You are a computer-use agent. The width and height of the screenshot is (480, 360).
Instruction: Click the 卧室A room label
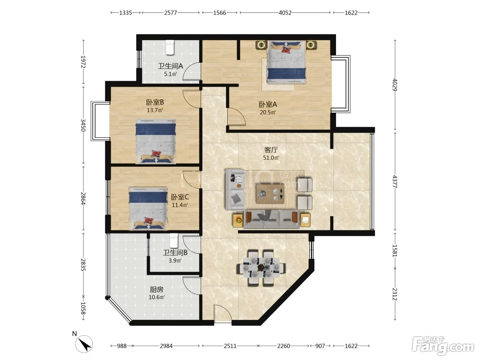coord(268,105)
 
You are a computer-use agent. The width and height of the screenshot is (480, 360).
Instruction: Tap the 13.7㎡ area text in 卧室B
coord(155,110)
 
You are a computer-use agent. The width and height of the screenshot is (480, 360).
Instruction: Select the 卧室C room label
coord(180,197)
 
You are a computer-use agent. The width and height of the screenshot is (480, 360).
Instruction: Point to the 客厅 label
coord(271,150)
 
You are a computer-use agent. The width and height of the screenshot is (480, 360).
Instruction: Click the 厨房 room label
coord(157,290)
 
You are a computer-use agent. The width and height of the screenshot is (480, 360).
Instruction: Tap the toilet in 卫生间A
coord(170,47)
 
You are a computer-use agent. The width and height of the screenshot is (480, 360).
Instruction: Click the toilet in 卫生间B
coord(174,241)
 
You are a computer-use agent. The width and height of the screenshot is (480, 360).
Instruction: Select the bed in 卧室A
coord(286,62)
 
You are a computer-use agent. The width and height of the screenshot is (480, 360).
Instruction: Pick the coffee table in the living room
coord(270,194)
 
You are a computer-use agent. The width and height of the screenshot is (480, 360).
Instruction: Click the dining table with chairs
coord(261,267)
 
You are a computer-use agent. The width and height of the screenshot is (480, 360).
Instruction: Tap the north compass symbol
coord(84,344)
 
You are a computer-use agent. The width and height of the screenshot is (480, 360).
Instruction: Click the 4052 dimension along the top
coord(285,13)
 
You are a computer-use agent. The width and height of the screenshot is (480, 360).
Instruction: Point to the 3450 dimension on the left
coord(83,125)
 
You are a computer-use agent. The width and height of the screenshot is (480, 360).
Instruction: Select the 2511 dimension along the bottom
coord(230,346)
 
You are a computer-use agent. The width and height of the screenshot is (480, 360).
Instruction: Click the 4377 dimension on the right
coord(395,181)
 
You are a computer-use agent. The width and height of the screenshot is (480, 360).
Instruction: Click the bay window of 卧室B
coord(100,121)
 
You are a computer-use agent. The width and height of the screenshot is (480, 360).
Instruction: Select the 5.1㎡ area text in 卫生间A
coord(170,74)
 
